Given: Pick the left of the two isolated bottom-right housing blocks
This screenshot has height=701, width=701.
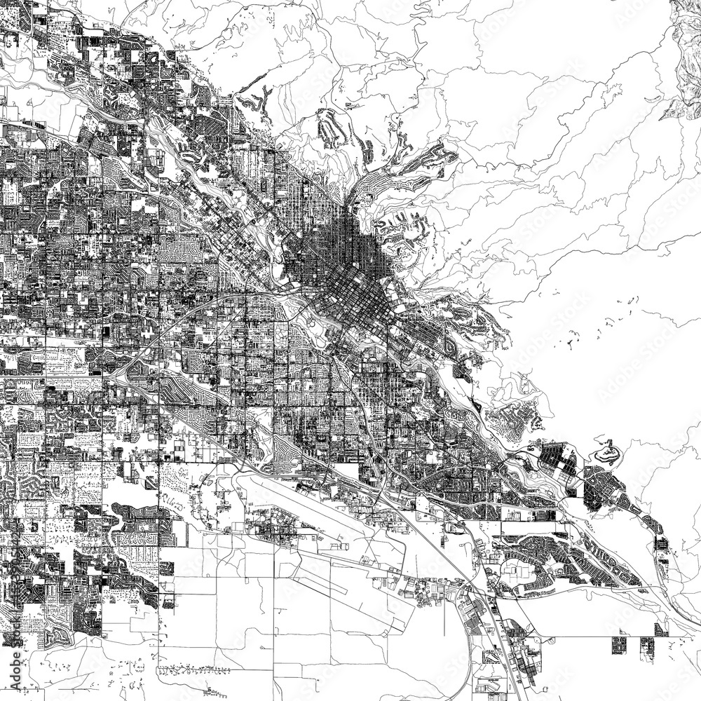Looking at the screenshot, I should click(620, 645).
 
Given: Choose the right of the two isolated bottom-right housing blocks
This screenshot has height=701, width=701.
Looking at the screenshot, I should click(646, 645).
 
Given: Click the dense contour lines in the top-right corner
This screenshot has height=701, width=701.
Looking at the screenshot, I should click(683, 56).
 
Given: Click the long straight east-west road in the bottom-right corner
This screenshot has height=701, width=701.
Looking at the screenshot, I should click(596, 637).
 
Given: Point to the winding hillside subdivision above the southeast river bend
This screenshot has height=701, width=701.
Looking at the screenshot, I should click(515, 421).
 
